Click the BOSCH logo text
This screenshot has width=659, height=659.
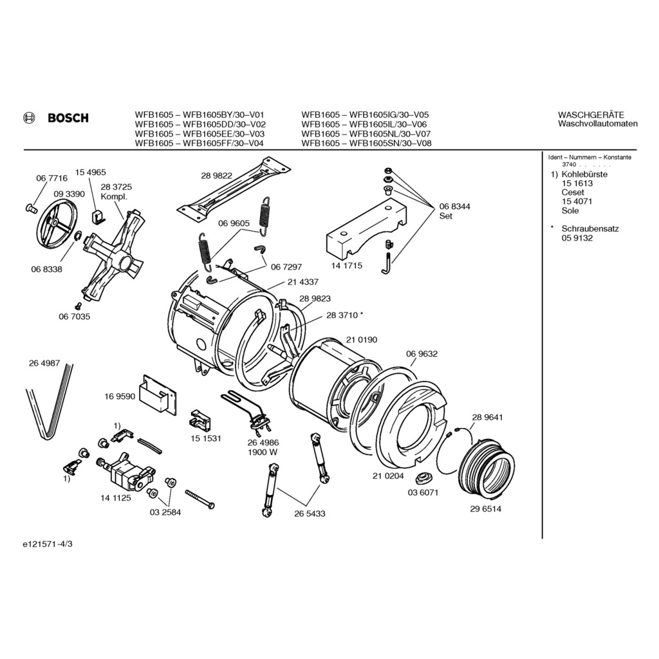(x=68, y=118)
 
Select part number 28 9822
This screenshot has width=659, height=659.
(x=216, y=176)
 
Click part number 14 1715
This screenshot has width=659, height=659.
(x=347, y=266)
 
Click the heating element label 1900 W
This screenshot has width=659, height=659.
(x=263, y=452)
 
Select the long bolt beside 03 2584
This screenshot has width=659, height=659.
(x=200, y=499)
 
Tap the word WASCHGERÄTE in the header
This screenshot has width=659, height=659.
(x=591, y=115)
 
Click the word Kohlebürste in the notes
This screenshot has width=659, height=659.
(x=584, y=174)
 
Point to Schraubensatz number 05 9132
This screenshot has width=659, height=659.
(x=577, y=238)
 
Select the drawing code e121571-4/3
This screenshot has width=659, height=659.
(x=48, y=544)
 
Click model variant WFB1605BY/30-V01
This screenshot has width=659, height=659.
(x=223, y=115)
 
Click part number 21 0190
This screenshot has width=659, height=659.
(x=362, y=340)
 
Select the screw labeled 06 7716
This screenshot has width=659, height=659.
(x=31, y=207)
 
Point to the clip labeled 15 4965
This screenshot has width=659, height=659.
(x=98, y=216)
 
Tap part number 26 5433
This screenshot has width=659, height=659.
(x=310, y=514)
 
